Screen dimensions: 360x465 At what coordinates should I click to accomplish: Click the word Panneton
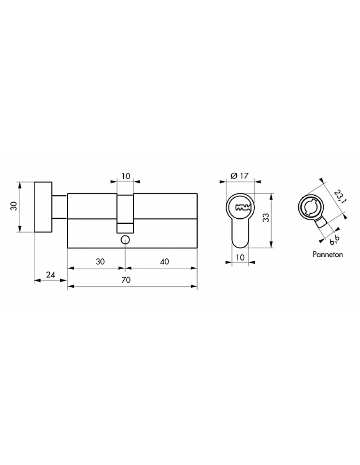tap(327, 254)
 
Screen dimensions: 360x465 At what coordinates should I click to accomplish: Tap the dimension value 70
tap(126, 280)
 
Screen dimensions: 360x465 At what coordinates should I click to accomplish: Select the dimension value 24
tap(51, 275)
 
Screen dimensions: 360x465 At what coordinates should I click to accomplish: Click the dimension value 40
tap(164, 262)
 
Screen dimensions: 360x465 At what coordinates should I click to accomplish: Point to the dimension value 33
tap(266, 218)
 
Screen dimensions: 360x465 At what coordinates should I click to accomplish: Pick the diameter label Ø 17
tap(240, 176)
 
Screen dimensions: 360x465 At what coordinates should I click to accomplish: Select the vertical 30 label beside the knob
tap(14, 206)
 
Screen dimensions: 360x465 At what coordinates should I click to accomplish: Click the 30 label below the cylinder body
tap(100, 262)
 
